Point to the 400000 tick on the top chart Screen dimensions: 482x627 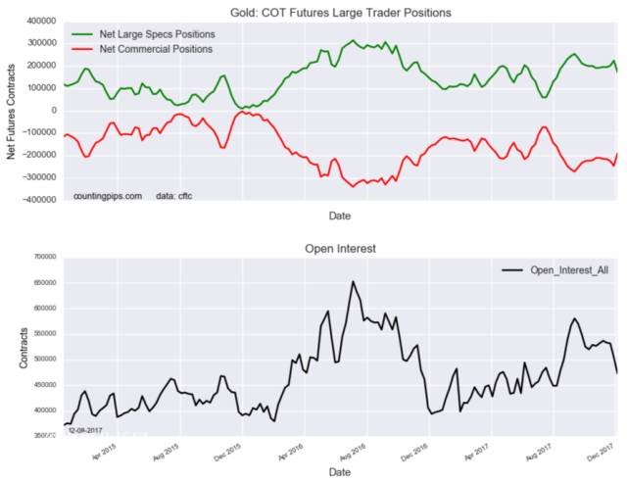point(40,21)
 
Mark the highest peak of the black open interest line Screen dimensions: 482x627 point(353,281)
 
